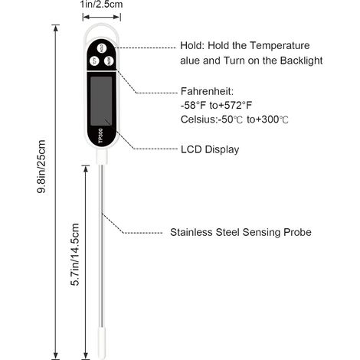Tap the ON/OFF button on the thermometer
click(109, 61)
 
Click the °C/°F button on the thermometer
click(94, 61)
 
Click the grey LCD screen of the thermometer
click(101, 101)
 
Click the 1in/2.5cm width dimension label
click(101, 5)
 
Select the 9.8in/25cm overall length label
click(41, 166)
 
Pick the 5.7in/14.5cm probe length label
click(75, 254)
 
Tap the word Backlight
click(301, 61)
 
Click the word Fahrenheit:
click(207, 91)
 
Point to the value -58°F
click(193, 105)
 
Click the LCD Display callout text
click(210, 149)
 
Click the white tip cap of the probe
click(102, 343)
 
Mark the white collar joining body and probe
click(102, 157)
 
